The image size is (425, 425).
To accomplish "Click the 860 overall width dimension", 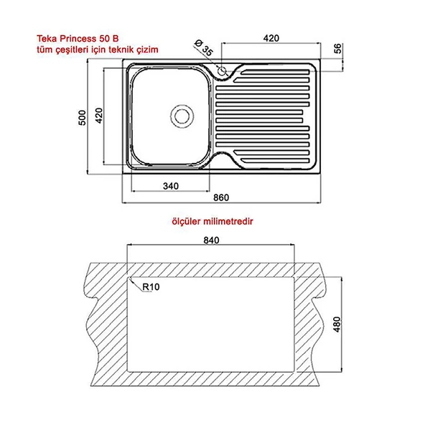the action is point(221,197).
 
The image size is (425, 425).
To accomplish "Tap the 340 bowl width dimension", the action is point(171,186).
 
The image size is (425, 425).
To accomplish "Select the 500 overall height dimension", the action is point(82,118).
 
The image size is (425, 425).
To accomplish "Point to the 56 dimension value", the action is point(337,49).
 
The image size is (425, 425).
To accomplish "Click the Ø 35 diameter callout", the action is point(204,47).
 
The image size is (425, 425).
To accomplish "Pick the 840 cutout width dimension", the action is point(211,240).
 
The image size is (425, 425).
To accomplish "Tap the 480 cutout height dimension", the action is point(337,324).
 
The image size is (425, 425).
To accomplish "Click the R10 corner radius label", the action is point(151,286).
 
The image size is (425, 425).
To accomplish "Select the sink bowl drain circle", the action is point(182,116).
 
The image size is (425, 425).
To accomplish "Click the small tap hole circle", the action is point(222,71).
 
